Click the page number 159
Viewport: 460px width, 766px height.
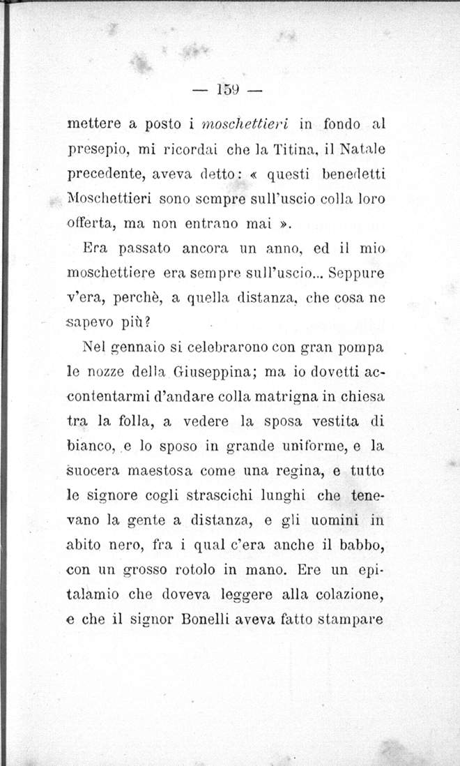pyautogui.click(x=228, y=89)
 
